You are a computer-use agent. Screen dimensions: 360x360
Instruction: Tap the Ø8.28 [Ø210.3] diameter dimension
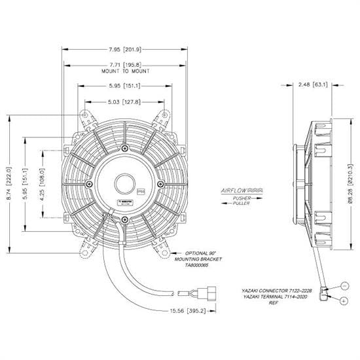pos(352,187)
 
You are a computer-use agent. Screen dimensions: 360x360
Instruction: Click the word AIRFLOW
pos(234,188)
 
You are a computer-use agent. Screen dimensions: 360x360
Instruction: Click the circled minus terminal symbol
pos(345,286)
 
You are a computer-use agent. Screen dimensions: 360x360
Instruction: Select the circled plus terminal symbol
pos(345,300)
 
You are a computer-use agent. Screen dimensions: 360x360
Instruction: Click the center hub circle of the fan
pos(124,181)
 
